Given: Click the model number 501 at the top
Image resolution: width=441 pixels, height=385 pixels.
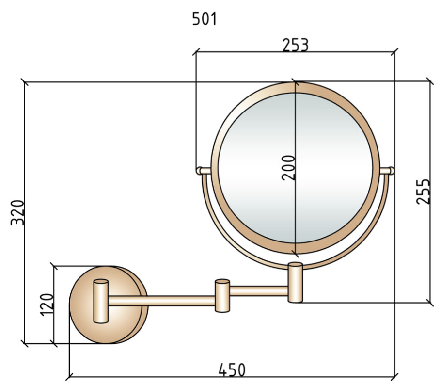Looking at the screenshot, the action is tap(205, 19).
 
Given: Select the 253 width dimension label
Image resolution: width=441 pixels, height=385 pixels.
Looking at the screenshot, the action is tap(295, 45).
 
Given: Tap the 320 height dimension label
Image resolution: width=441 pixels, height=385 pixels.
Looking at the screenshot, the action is tap(17, 212).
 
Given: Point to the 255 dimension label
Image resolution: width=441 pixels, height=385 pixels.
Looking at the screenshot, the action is tap(423, 192).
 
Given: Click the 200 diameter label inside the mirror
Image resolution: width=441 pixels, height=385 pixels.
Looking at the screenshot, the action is tap(288, 168).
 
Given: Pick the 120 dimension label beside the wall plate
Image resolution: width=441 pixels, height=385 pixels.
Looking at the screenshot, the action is tap(47, 305).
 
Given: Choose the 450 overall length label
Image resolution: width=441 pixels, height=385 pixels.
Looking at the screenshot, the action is tap(232, 370).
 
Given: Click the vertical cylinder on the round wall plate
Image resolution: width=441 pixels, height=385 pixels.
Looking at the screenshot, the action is tap(101, 301).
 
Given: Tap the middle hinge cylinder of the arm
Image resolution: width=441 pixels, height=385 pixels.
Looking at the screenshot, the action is tap(222, 295).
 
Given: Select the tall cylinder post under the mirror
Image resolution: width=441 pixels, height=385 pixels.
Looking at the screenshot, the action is tap(295, 282).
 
